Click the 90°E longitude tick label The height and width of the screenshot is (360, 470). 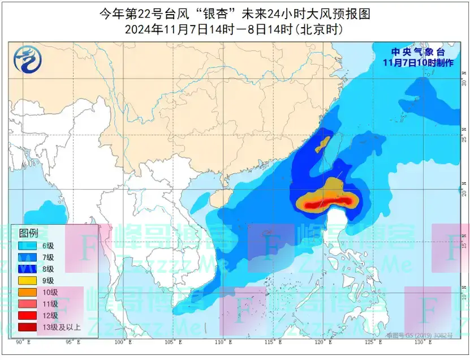pyautogui.click(x=23, y=342)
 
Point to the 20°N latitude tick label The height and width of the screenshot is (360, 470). pyautogui.click(x=464, y=192)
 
